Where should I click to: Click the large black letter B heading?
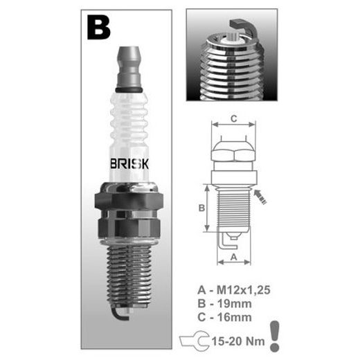[x=99, y=28]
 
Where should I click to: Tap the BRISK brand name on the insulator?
[x=129, y=164]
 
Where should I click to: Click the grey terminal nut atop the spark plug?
[x=129, y=67]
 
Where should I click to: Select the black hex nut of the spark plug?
[x=129, y=201]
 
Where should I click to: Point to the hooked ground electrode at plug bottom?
[x=119, y=314]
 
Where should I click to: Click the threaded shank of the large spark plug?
[x=129, y=276]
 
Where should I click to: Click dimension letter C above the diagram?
[x=234, y=118]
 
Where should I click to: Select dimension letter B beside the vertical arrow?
[x=201, y=208]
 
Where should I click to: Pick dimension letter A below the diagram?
[x=234, y=257]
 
